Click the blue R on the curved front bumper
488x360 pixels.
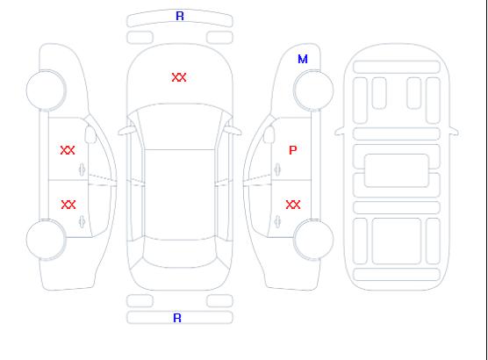(180, 16)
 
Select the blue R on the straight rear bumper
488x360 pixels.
(177, 318)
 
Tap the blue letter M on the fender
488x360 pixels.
(303, 59)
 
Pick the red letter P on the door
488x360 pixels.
(293, 150)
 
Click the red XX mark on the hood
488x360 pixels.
(179, 77)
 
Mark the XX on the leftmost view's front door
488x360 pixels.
(68, 150)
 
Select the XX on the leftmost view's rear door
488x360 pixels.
(68, 205)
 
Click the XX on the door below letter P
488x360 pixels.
(293, 205)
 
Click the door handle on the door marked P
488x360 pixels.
(277, 169)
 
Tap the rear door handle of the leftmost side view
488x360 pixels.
(82, 221)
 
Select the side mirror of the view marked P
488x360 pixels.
(269, 134)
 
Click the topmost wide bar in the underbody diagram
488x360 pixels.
(397, 67)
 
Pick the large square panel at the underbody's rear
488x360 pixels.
(397, 241)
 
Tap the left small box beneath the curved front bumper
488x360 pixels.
(140, 38)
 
